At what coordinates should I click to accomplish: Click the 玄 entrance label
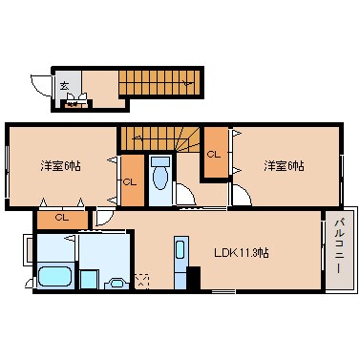pos(65,86)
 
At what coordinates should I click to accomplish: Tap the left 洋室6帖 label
pos(59,163)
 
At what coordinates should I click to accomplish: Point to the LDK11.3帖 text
pos(241,253)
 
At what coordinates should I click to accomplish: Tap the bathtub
pos(54,279)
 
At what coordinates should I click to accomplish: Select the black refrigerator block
pos(194,280)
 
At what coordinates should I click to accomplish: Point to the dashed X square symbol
pos(142,281)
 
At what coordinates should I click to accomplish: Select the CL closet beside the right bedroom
pos(215,153)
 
